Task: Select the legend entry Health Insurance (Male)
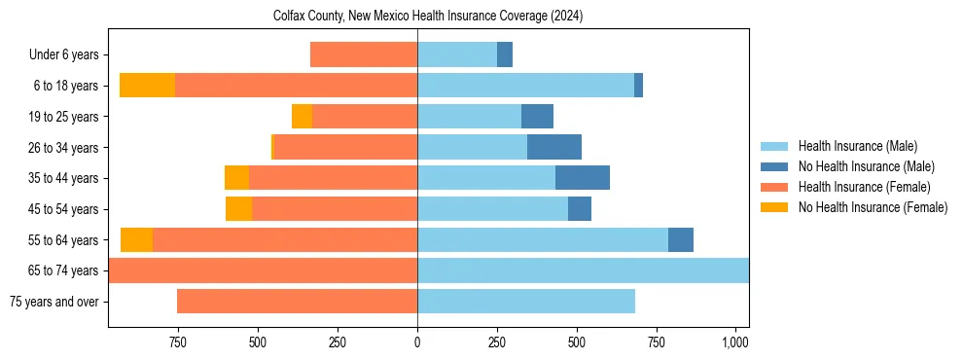coord(857,146)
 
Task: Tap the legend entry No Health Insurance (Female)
coord(873,207)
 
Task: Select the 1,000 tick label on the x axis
coord(735,342)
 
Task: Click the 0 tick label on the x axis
coord(417,342)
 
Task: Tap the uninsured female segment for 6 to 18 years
coord(147,86)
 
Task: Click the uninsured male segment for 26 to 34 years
coord(554,147)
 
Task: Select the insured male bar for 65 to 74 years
coord(583,270)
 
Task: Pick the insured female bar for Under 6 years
coord(364,55)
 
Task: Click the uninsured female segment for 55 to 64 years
coord(136,239)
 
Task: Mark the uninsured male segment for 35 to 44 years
coord(583,178)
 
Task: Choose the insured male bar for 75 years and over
coord(526,302)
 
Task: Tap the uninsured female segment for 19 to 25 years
coord(302,117)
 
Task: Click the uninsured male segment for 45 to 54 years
coord(580,209)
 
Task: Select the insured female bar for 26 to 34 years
coord(345,147)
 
